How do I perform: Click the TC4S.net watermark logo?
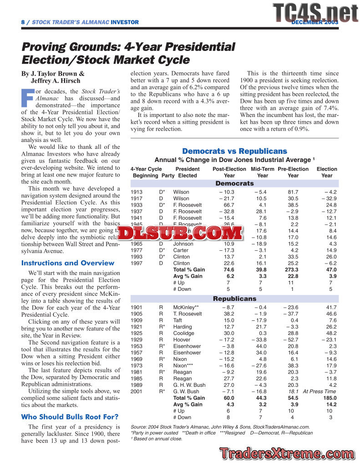[316, 13]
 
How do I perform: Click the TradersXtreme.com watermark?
[287, 453]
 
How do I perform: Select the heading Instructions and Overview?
[68, 263]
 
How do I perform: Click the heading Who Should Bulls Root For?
[70, 416]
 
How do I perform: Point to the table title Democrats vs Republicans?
[234, 151]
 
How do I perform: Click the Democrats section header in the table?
[234, 183]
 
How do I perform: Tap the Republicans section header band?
[234, 299]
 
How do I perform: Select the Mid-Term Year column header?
[263, 172]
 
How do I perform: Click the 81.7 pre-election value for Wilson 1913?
[293, 192]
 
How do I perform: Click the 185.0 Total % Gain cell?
[330, 398]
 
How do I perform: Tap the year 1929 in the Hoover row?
[137, 339]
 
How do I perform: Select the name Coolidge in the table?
[184, 333]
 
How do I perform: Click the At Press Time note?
[319, 391]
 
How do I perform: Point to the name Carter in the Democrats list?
[181, 250]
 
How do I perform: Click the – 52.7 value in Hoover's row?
[291, 339]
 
